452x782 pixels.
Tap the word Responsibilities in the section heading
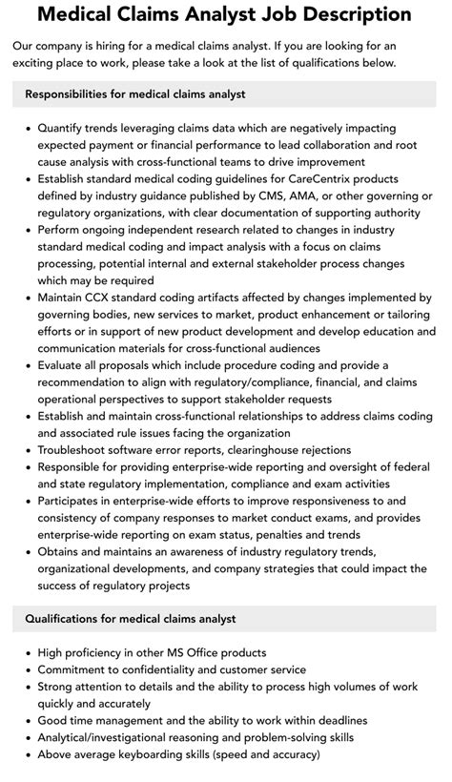[72, 94]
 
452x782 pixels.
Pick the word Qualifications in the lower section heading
[66, 619]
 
